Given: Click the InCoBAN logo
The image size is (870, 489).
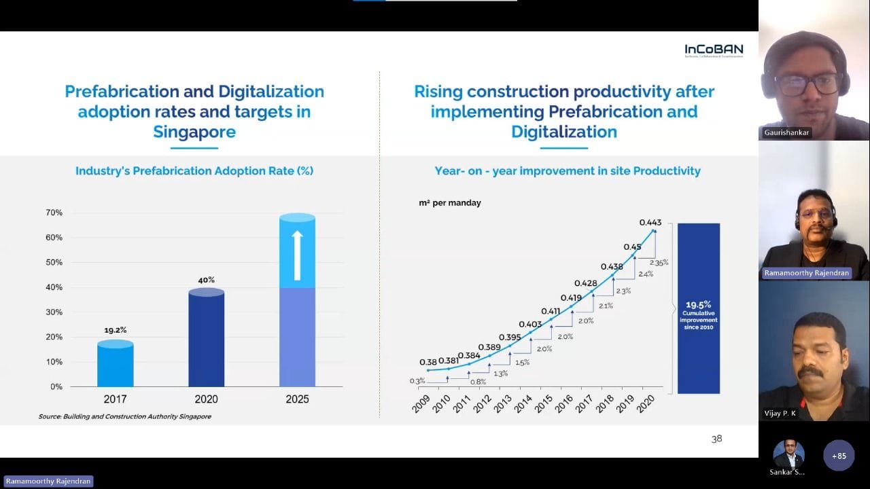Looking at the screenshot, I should point(714,50).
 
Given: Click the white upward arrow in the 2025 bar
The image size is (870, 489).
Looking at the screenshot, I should point(297,255).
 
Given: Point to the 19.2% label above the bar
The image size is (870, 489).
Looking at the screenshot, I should point(115,330).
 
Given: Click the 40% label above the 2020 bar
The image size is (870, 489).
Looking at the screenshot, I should point(206,280).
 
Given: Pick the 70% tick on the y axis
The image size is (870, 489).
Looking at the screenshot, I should point(54,213).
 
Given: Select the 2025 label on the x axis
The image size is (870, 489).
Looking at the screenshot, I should point(297,399).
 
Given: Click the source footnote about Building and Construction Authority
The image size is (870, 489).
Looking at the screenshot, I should point(124,416).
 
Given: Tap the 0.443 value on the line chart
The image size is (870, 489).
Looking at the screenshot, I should point(650,223).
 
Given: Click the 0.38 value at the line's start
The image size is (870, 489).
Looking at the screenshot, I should point(428,362).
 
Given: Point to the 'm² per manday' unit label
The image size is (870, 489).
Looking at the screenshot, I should point(449,203).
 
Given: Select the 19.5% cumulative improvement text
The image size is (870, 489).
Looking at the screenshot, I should point(699,304).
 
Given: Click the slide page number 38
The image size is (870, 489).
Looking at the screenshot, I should point(716,439).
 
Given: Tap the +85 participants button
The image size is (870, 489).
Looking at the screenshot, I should point(839,456).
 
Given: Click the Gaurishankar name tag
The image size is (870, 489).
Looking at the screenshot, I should point(787,132).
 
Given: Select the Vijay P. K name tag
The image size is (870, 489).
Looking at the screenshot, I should point(780,413).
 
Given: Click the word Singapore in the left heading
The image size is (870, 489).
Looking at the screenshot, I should point(194,131).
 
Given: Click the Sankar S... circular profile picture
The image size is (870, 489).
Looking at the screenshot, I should point(788,454).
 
